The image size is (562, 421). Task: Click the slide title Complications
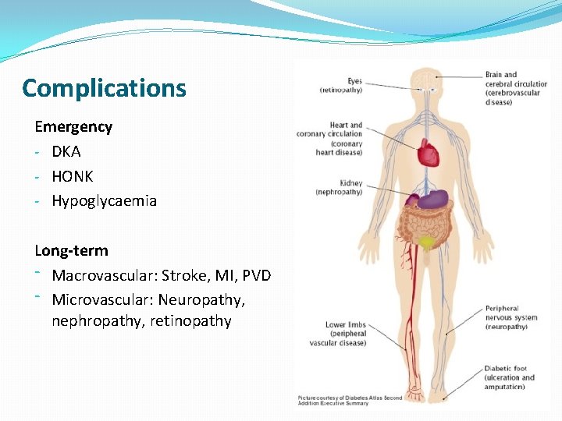click(x=105, y=88)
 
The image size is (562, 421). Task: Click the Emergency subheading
click(x=73, y=126)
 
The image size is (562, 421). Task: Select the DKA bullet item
click(x=66, y=151)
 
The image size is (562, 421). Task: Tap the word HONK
click(x=73, y=176)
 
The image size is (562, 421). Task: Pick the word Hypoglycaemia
click(x=104, y=201)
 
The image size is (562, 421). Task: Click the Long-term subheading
click(x=72, y=251)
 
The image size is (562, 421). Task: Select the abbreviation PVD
click(x=256, y=275)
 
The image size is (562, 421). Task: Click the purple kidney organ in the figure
click(x=433, y=200)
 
